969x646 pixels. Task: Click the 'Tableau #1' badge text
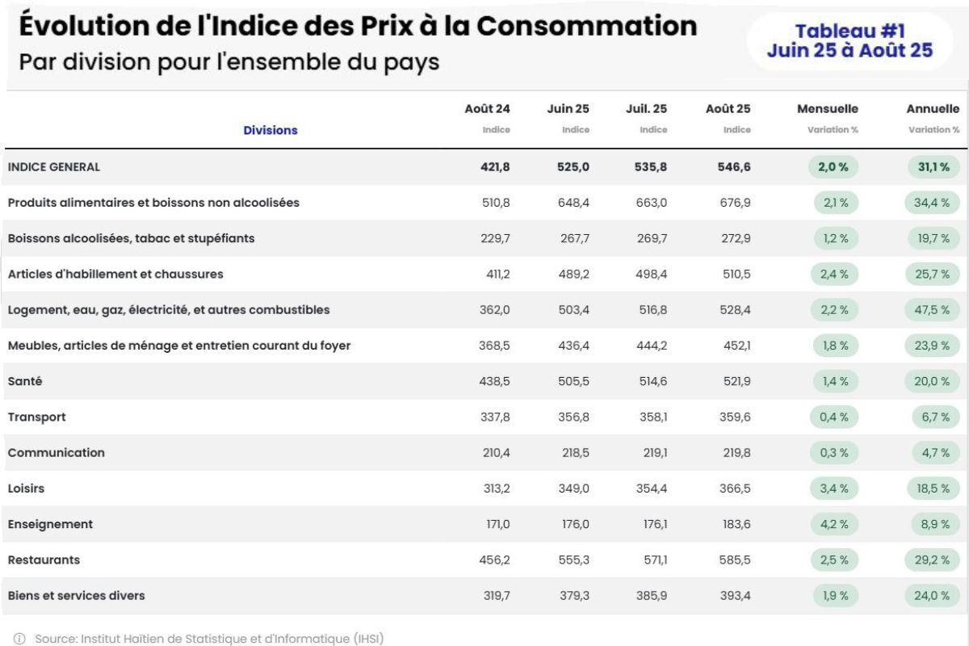849,31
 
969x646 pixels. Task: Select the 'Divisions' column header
271,130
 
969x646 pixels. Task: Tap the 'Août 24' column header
487,109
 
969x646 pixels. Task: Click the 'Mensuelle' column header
828,109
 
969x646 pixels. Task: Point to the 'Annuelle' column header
933,109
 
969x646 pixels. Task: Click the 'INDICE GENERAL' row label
54,167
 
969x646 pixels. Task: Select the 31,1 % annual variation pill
932,167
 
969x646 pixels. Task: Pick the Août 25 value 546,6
735,167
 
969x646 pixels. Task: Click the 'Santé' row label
25,381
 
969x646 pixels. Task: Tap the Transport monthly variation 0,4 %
834,417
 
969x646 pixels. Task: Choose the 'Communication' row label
57,453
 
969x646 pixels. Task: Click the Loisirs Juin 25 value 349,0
574,489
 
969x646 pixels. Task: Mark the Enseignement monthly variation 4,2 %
834,524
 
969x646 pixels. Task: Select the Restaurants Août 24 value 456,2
495,560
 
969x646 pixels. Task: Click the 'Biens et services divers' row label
77,596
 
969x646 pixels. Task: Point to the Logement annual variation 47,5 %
932,310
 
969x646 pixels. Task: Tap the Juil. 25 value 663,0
652,203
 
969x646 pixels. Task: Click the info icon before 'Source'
19,639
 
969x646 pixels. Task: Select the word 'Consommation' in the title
586,26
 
